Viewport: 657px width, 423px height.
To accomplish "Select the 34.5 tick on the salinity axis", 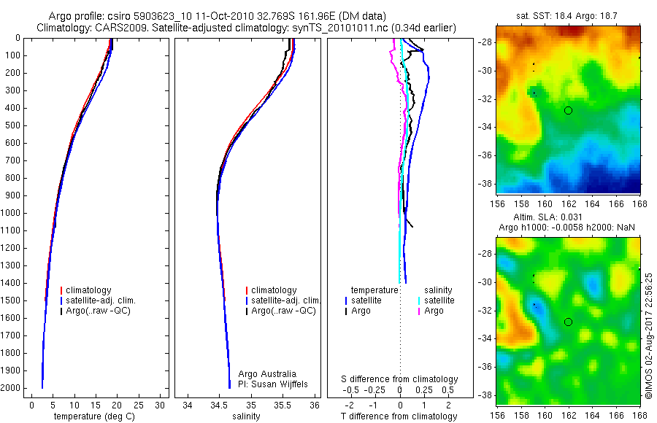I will click(219, 403).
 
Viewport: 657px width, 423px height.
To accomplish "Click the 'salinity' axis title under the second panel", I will click(245, 416).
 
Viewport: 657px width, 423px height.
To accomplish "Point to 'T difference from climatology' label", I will click(400, 416).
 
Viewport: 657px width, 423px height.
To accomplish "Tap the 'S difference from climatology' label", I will click(400, 379).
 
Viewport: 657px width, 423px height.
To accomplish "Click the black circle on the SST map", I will click(568, 110).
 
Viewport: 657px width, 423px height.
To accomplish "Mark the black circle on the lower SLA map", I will click(568, 322).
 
